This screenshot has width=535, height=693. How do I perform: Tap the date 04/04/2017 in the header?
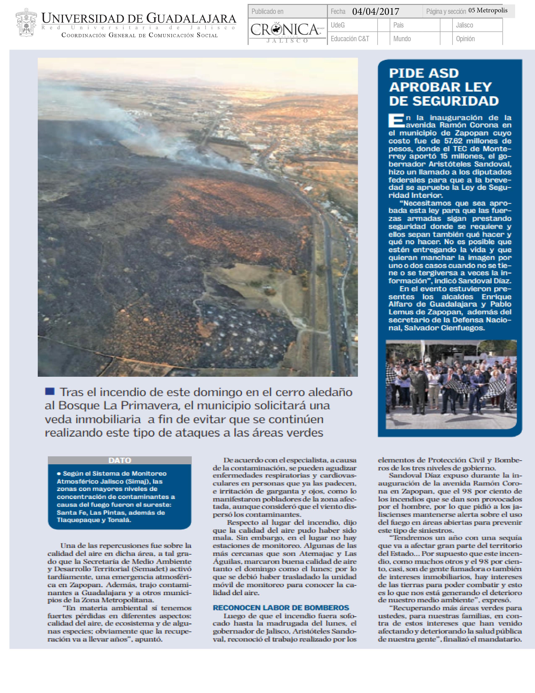coord(376,12)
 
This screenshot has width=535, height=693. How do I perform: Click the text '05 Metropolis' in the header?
coord(488,10)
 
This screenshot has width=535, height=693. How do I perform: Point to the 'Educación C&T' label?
coord(350,39)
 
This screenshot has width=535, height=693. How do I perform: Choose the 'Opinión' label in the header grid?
coord(465,39)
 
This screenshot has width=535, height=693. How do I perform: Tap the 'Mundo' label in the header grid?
coord(402,39)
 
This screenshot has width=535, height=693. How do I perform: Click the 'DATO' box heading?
coord(120,460)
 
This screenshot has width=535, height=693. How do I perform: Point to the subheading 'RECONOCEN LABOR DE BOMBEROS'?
coord(281,608)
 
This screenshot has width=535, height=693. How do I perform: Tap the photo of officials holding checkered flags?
coord(451,384)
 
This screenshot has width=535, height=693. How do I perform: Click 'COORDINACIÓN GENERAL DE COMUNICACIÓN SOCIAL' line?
coord(140,35)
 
